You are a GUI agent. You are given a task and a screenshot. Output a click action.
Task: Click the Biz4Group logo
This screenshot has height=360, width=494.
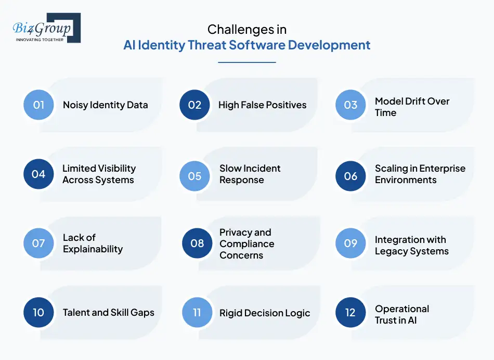coord(46,28)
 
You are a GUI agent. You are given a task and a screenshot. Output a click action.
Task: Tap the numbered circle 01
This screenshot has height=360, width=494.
coord(38,105)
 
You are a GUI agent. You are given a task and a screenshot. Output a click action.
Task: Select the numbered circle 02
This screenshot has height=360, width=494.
coord(194,105)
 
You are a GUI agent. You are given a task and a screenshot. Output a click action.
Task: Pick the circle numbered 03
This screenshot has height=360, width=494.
coord(350,105)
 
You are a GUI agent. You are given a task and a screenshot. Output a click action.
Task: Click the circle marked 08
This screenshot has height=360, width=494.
coord(197,243)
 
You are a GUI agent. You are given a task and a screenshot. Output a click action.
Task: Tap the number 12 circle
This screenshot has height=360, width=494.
coord(350,312)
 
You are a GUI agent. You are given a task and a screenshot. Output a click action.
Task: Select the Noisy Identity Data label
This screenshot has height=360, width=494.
coord(105,105)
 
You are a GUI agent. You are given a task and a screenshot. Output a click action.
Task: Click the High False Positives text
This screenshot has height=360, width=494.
coord(262,105)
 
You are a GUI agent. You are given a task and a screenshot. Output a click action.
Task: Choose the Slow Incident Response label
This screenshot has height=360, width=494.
coord(250,174)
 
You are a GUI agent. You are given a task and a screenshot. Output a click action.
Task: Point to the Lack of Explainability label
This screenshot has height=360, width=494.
coord(93,243)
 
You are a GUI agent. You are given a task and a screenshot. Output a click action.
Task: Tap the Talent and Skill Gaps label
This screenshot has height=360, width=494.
coord(108,313)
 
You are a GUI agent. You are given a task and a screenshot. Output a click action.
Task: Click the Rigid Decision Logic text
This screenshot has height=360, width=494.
coord(265,313)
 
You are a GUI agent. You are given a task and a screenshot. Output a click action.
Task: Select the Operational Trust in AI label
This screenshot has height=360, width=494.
coord(402,314)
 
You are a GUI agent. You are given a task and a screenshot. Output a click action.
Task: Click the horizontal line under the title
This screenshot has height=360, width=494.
coord(246,62)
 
